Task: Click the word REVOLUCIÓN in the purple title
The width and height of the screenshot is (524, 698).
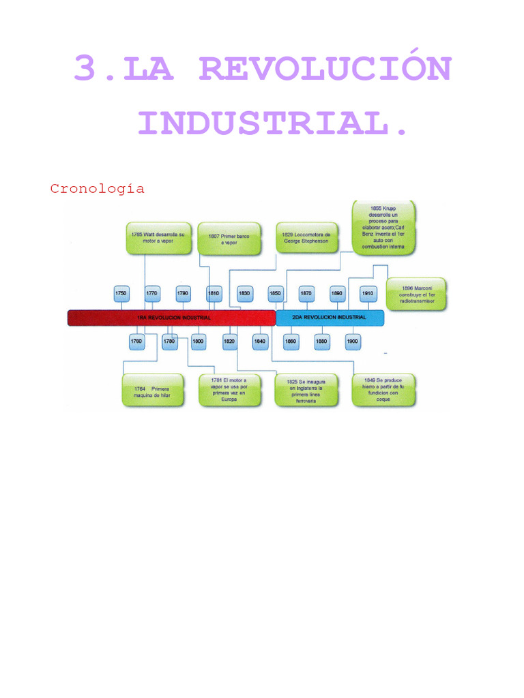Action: pos(325,69)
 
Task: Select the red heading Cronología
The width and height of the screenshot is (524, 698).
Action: pos(97,189)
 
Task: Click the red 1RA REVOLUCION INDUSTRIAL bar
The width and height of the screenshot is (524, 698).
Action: pos(171,318)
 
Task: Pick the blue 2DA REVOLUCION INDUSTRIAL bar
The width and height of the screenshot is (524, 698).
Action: pos(330,318)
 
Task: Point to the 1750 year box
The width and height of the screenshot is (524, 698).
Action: pos(121,294)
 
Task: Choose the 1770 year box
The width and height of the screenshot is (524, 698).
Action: pos(151,294)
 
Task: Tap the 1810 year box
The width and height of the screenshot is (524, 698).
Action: pos(214,294)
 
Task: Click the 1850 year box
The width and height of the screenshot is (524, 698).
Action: pos(276,294)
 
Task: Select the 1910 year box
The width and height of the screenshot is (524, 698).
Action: pos(368,294)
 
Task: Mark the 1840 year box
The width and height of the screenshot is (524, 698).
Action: pos(260,341)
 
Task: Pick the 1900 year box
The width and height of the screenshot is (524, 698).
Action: pos(352,341)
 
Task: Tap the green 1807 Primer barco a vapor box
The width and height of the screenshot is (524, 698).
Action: pos(229,239)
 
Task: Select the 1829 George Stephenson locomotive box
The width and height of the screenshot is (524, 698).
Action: pos(306,238)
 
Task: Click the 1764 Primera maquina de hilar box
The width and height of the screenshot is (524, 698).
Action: pos(153,391)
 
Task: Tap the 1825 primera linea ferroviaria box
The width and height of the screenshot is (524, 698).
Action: pos(306,391)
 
